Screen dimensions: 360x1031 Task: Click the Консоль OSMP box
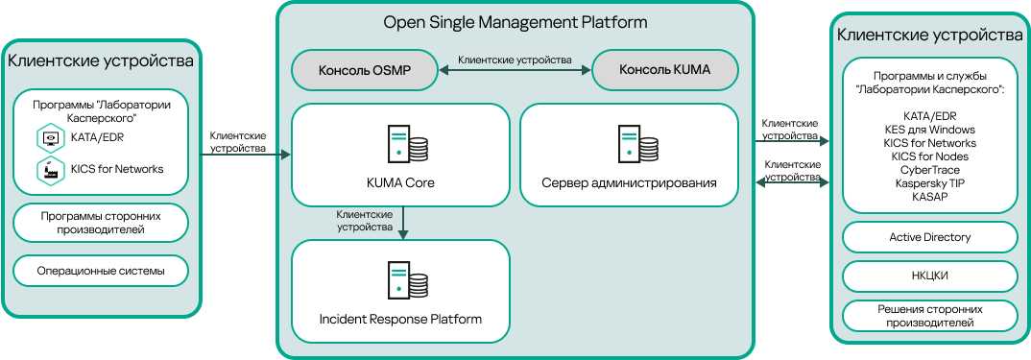click(364, 70)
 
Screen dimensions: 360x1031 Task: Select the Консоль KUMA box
click(664, 70)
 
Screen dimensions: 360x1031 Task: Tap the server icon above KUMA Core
click(408, 144)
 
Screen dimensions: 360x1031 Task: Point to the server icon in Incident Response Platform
click(408, 280)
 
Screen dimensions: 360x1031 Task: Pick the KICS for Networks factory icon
click(49, 170)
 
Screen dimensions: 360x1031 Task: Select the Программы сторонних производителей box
click(101, 224)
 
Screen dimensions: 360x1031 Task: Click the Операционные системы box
click(101, 272)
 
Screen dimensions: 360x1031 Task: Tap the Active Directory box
click(929, 237)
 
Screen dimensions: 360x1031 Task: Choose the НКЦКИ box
click(929, 276)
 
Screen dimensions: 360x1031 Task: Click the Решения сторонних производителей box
click(929, 315)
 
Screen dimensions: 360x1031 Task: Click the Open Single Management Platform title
click(515, 22)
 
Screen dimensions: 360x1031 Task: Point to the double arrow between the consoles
click(515, 70)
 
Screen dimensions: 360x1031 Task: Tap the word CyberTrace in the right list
click(929, 169)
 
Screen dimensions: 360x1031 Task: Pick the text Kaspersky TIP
click(929, 182)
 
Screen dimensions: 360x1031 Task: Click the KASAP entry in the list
click(929, 196)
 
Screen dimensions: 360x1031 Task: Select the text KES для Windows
click(929, 130)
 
